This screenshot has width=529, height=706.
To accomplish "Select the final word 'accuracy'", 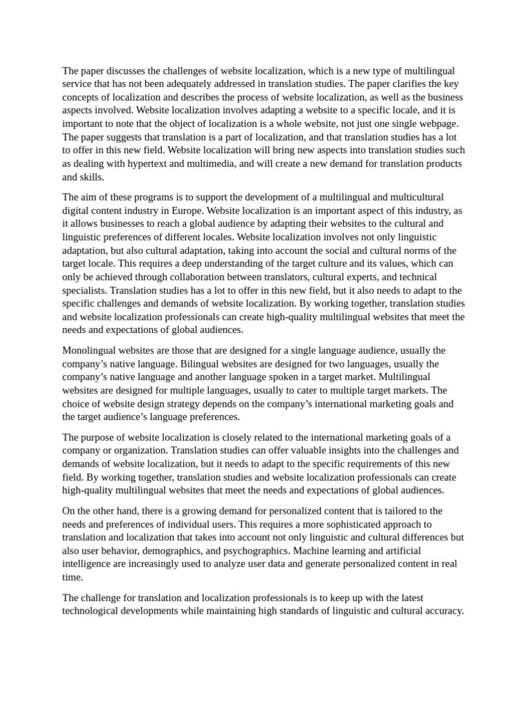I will pyautogui.click(x=444, y=611).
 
